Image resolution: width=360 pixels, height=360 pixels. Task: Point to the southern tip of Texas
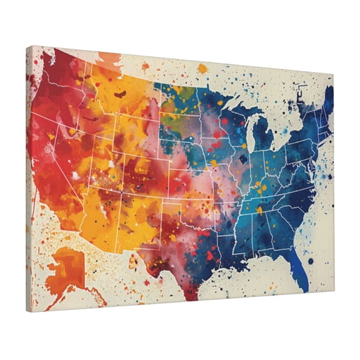point(192,293)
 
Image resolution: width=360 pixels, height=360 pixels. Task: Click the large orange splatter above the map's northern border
point(202,68)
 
